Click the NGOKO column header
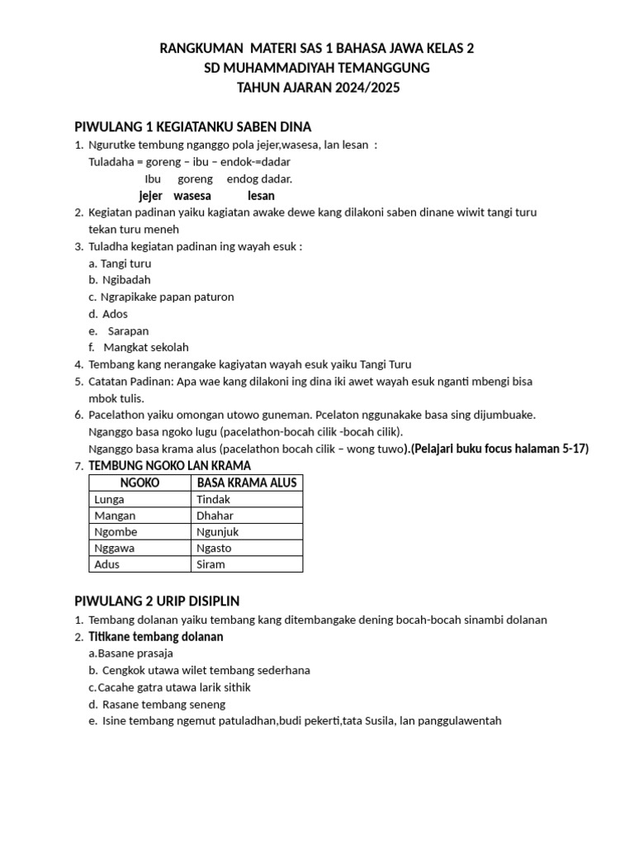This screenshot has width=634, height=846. pyautogui.click(x=140, y=482)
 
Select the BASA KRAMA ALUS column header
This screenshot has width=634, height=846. pyautogui.click(x=247, y=482)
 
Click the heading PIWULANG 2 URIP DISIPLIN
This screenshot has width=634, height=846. pyautogui.click(x=157, y=601)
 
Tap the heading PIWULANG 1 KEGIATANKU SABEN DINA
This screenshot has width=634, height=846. pyautogui.click(x=193, y=126)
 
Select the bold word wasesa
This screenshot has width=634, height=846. pyautogui.click(x=192, y=196)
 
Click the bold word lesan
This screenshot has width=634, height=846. pyautogui.click(x=261, y=196)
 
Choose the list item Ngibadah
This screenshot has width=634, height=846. pyautogui.click(x=125, y=279)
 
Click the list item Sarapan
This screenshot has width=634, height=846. pyautogui.click(x=128, y=330)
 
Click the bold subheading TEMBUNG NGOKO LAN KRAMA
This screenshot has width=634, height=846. pyautogui.click(x=169, y=466)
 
